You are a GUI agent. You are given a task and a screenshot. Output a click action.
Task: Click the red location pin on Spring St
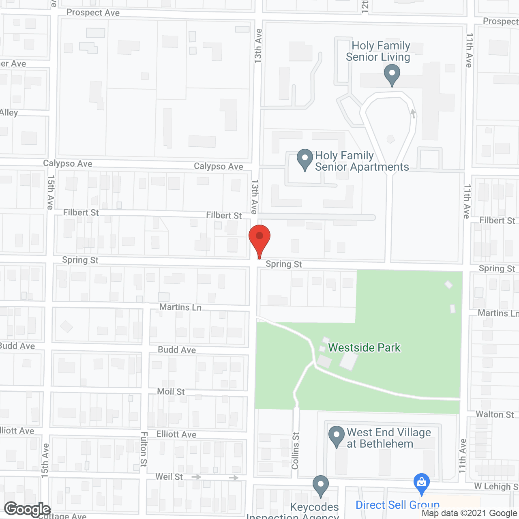259,240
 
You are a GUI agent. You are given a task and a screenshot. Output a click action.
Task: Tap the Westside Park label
364,347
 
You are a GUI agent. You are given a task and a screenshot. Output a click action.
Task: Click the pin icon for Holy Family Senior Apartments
305,160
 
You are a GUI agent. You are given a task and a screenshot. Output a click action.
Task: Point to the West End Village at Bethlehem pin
336,437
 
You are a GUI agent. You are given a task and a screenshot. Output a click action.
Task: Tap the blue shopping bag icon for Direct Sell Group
421,484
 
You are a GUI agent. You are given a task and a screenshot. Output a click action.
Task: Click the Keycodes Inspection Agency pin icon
320,486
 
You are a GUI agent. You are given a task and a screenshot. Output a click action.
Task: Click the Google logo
28,509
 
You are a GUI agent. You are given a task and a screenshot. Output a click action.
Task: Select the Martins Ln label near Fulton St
180,307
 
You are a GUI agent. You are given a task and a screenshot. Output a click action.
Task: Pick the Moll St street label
171,391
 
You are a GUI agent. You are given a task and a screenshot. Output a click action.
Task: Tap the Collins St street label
295,450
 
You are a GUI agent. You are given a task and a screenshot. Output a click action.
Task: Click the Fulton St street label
144,449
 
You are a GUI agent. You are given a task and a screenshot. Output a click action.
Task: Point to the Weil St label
169,476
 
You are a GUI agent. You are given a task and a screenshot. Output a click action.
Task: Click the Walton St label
495,414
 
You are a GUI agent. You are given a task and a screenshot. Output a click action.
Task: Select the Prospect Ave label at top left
93,13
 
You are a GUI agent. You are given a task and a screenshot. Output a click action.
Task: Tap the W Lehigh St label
496,486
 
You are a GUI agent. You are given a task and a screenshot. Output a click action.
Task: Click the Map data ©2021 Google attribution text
469,513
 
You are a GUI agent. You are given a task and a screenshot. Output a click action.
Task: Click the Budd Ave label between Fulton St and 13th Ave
177,350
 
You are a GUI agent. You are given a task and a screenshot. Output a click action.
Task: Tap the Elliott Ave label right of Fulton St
176,434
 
